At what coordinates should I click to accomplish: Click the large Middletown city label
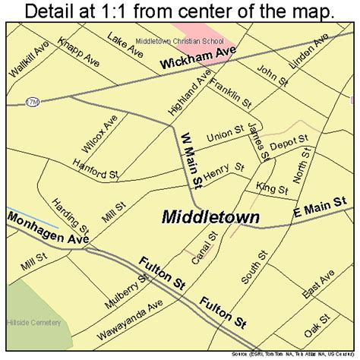tap(210, 217)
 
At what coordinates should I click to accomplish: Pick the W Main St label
tap(189, 159)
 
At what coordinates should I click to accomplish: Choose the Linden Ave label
tap(311, 49)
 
